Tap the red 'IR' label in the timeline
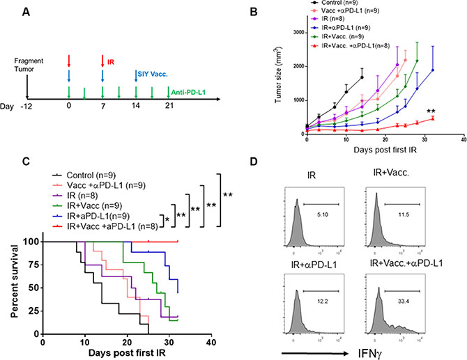(114, 61)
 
